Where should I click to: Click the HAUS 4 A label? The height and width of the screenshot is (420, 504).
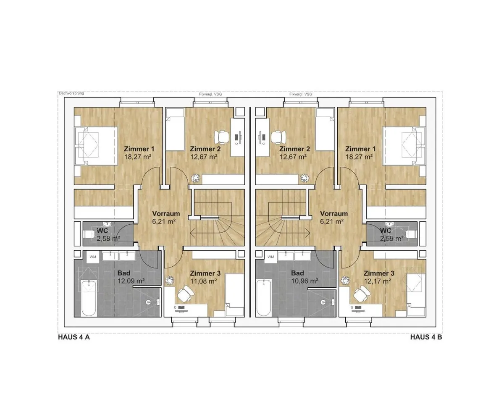[x=74, y=337]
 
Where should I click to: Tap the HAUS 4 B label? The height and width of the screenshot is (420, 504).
[x=426, y=337]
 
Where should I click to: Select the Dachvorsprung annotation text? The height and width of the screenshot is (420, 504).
[x=71, y=93]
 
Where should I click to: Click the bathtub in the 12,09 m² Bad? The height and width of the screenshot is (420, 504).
[x=89, y=298]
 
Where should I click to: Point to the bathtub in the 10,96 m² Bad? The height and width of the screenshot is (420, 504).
[x=264, y=297]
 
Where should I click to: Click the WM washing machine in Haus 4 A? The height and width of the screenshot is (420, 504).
[x=93, y=257]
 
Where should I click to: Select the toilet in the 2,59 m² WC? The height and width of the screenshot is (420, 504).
[x=411, y=234]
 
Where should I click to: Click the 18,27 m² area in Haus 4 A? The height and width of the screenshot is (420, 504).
[x=138, y=157]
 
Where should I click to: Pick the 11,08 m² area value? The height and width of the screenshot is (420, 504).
[x=203, y=281]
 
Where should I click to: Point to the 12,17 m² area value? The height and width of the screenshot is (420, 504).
[x=378, y=281]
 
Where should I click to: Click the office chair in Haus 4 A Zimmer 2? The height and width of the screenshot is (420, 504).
[x=222, y=137]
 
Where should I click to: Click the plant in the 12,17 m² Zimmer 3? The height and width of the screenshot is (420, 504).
[x=345, y=281]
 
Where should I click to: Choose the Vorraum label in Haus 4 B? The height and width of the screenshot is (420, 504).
[x=334, y=214]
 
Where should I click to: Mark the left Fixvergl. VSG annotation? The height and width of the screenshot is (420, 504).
[x=210, y=94]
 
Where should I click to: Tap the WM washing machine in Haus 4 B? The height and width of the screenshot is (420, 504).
[x=271, y=257]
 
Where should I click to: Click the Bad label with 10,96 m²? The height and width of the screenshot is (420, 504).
[x=297, y=273]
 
